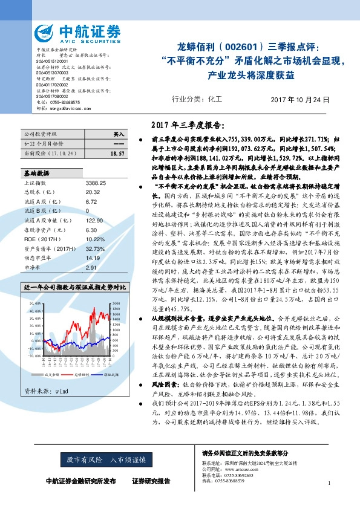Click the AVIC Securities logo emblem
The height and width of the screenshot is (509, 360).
(44, 32)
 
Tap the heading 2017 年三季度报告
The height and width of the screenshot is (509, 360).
(188, 126)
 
